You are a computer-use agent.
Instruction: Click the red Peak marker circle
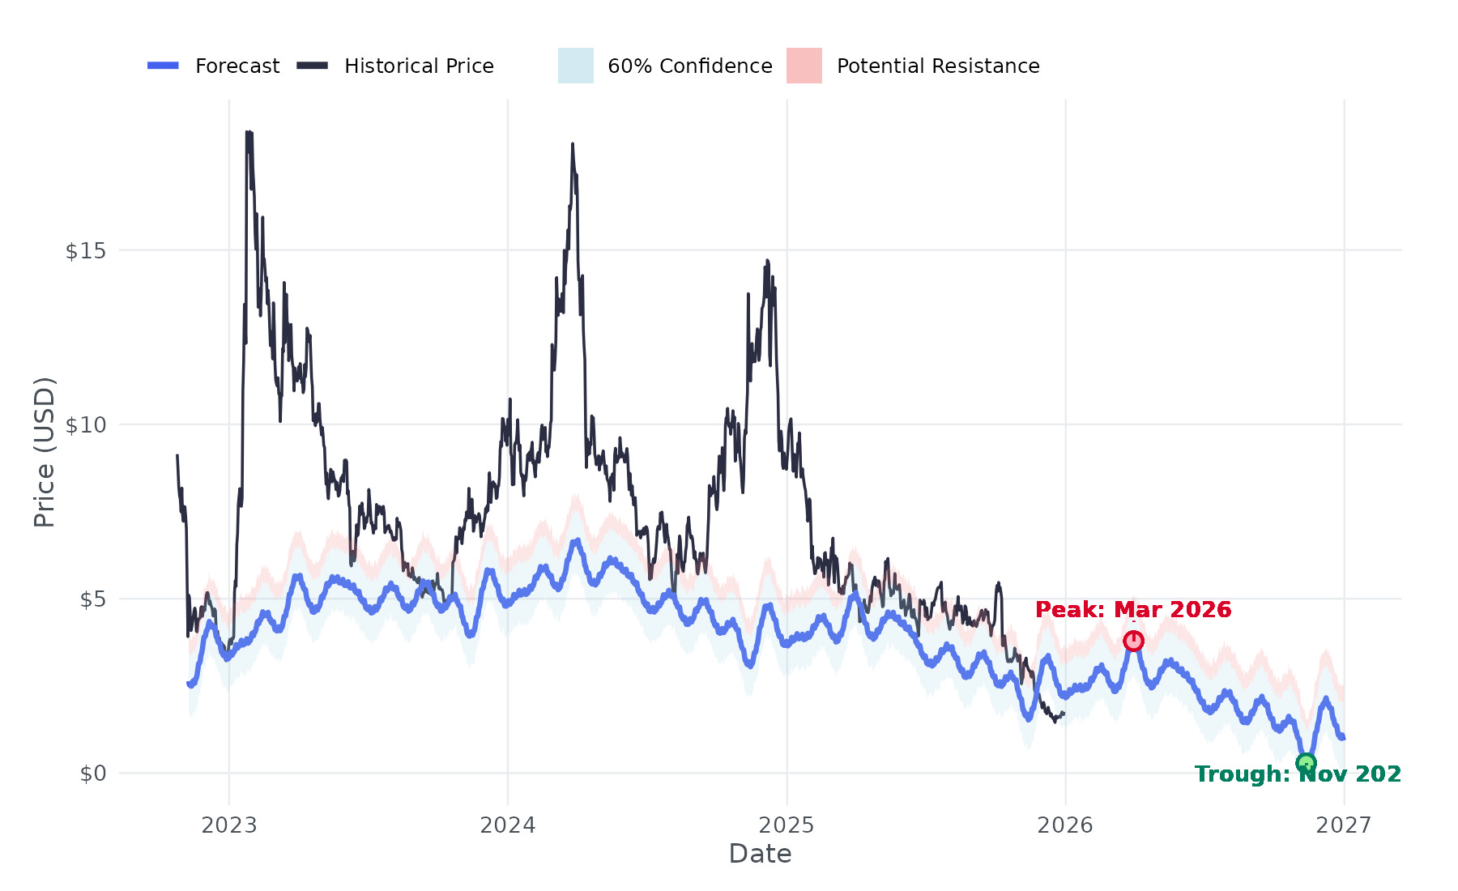point(1133,641)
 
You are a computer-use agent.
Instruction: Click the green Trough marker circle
point(1306,763)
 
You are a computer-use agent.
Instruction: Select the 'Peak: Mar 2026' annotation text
point(1133,610)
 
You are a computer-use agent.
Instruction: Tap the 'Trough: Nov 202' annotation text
point(1298,774)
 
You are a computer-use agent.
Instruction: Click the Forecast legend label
point(237,66)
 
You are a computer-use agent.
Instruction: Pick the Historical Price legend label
point(419,66)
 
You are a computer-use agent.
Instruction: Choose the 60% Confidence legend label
point(689,66)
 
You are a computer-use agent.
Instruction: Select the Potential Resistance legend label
point(938,66)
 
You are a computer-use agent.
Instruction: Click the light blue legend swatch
point(576,66)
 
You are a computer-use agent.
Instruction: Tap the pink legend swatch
point(804,66)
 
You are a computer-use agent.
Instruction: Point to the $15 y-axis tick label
point(86,251)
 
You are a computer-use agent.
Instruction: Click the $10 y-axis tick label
point(86,425)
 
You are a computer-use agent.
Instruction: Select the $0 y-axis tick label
point(93,774)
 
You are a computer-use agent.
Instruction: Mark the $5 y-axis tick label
point(93,599)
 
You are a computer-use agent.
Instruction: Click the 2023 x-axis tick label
point(229,825)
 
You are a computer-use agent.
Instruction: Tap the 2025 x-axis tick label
point(787,825)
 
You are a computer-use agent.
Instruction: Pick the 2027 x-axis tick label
point(1344,825)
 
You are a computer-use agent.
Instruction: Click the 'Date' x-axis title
point(760,854)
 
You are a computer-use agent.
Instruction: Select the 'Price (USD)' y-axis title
point(45,452)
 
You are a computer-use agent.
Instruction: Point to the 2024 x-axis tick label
point(508,825)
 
